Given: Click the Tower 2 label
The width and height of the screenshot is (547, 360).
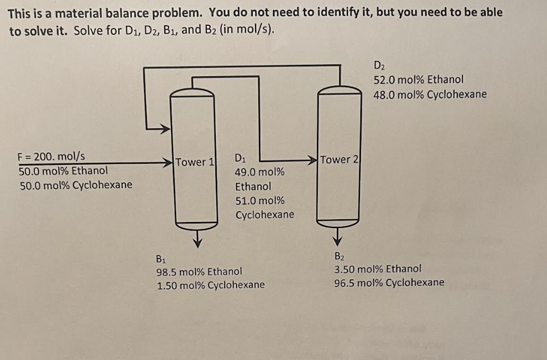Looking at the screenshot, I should click(339, 160).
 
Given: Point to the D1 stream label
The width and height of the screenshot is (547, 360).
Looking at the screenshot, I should click(240, 157).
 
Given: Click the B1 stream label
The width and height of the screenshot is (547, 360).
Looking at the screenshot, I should click(160, 259).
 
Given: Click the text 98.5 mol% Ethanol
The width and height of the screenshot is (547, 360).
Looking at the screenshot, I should click(199, 271).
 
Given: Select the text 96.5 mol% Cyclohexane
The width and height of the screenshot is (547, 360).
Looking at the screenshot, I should click(389, 282).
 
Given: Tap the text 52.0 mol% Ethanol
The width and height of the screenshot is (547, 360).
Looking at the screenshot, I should click(418, 80).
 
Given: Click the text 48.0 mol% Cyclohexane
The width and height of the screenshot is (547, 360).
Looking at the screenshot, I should click(430, 94).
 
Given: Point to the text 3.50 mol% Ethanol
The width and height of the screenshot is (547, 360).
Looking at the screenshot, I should click(378, 269).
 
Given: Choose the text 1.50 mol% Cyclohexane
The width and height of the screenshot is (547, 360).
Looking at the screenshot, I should click(211, 285).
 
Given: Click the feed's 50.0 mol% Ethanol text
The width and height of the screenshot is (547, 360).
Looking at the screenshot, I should click(63, 170).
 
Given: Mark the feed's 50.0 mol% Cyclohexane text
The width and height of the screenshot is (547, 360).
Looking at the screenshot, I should click(76, 184).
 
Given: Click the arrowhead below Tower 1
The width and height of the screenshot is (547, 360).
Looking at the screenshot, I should click(196, 242).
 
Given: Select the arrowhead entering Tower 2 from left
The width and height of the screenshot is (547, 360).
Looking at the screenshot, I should click(312, 160).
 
